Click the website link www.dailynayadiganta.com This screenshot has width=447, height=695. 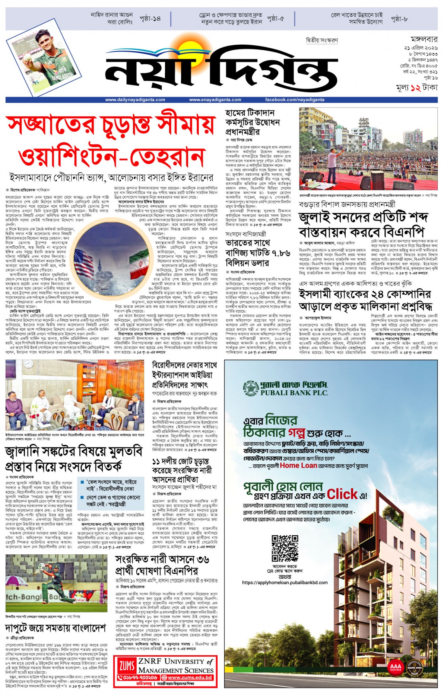click(135, 100)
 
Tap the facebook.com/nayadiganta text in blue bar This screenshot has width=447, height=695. click(295, 100)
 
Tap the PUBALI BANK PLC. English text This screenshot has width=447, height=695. click(294, 393)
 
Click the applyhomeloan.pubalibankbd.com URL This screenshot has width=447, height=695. click(285, 583)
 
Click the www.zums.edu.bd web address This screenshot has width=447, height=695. click(190, 678)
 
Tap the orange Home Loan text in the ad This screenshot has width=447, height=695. click(298, 465)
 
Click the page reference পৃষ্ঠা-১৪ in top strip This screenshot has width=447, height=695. click(150, 19)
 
